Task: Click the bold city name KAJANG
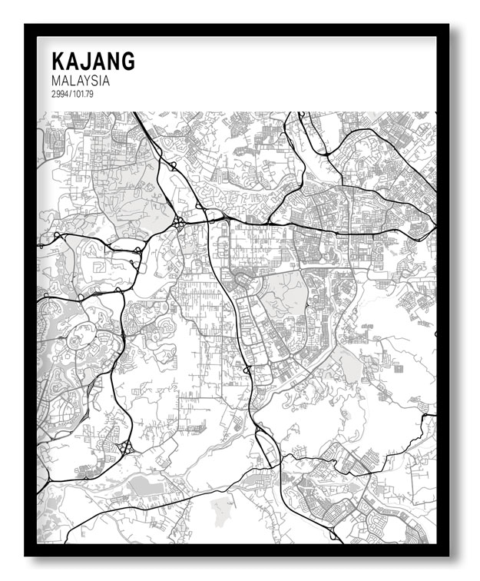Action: point(93,62)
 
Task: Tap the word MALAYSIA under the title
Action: point(81,81)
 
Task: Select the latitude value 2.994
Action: point(61,95)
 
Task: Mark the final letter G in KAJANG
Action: point(127,62)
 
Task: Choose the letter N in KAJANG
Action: point(113,62)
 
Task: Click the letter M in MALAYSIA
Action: point(56,81)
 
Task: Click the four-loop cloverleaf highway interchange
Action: point(179,223)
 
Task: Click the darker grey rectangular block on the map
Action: point(141,486)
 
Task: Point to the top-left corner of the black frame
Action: point(25,25)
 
